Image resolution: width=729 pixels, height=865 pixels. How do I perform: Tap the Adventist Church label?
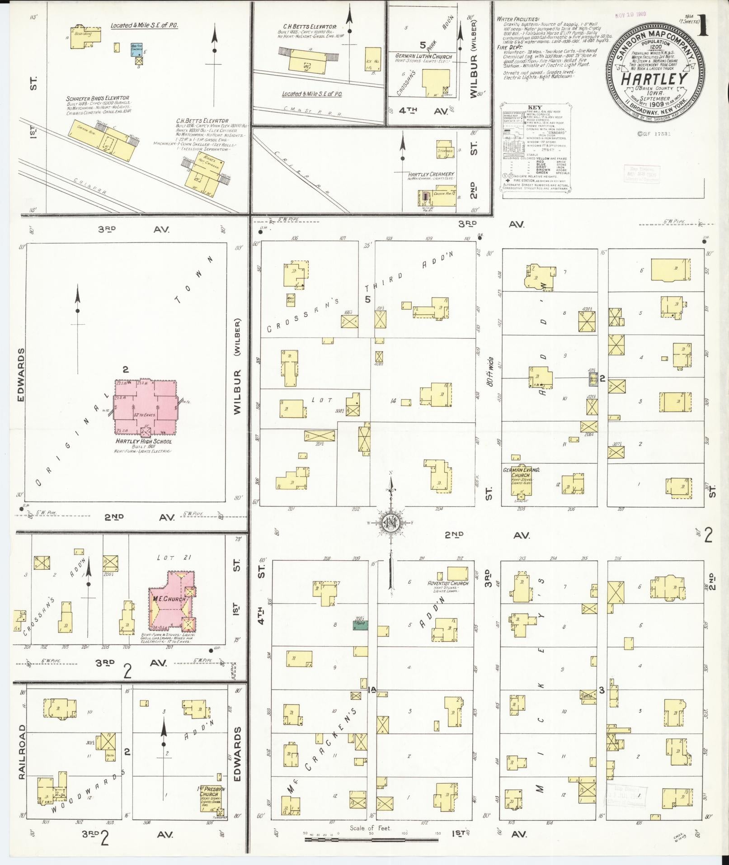tap(447, 583)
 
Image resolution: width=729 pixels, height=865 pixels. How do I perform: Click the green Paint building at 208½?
tap(360, 626)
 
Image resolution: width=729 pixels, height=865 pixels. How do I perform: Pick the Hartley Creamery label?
tap(431, 174)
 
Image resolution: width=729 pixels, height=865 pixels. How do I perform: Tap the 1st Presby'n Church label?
tap(209, 804)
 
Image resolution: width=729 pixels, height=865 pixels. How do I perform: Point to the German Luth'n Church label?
tap(423, 57)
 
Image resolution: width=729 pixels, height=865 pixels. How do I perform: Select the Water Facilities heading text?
tap(517, 19)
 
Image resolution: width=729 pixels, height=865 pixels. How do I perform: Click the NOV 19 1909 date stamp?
tap(630, 14)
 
